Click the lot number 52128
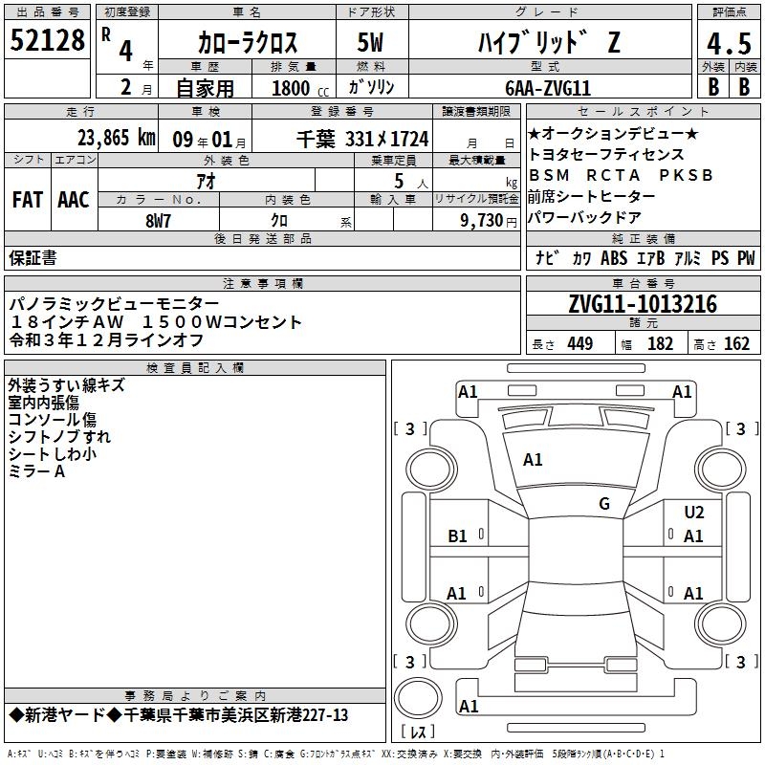point(47,40)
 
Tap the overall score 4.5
point(729,43)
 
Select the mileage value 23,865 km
point(117,138)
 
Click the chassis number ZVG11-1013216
point(643,304)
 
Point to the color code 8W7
point(158,221)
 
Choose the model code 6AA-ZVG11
point(548,88)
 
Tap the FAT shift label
point(28,200)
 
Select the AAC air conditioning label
point(74,200)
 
